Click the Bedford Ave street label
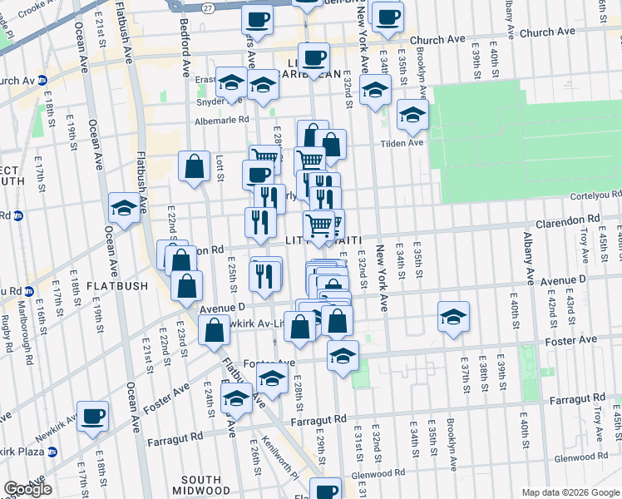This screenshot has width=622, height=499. pyautogui.click(x=184, y=54)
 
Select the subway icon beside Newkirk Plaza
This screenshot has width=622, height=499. pyautogui.click(x=53, y=452)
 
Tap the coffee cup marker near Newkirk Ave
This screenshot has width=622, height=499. pyautogui.click(x=92, y=416)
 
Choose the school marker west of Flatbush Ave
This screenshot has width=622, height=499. pyautogui.click(x=124, y=209)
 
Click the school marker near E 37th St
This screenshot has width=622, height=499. pyautogui.click(x=452, y=318)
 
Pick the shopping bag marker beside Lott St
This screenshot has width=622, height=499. pyautogui.click(x=194, y=166)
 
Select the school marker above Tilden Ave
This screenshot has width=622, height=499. pyautogui.click(x=411, y=116)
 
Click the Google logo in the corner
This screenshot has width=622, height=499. pyautogui.click(x=27, y=489)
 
